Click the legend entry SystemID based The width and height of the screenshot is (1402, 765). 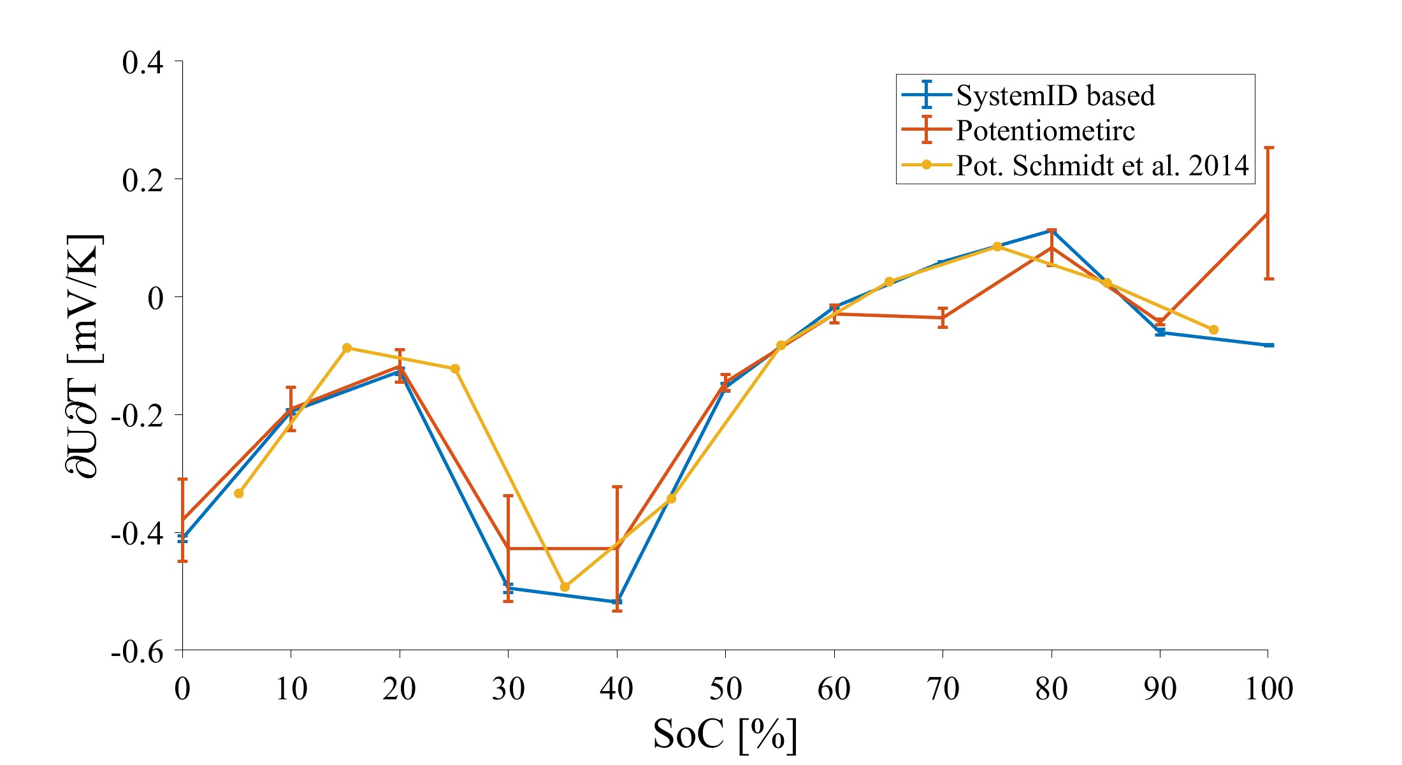pyautogui.click(x=1055, y=96)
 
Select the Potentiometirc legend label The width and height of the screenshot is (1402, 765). pyautogui.click(x=1045, y=131)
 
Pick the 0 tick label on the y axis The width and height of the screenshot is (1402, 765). pyautogui.click(x=155, y=298)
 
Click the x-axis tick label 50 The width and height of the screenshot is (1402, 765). pyautogui.click(x=725, y=689)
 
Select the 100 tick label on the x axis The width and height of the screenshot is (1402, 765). pyautogui.click(x=1268, y=689)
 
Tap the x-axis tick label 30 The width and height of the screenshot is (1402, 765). pyautogui.click(x=508, y=689)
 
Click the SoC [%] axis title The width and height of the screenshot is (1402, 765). pyautogui.click(x=725, y=734)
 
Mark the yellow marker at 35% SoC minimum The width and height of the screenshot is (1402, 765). pyautogui.click(x=564, y=586)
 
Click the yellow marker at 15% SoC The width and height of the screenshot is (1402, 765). pyautogui.click(x=347, y=348)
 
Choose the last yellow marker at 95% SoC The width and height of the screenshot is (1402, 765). pyautogui.click(x=1213, y=330)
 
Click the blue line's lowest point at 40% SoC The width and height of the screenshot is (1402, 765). pyautogui.click(x=617, y=602)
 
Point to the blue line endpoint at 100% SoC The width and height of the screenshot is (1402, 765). pyautogui.click(x=1268, y=345)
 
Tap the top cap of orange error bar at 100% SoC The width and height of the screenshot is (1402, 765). pyautogui.click(x=1268, y=148)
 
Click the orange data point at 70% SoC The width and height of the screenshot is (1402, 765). pyautogui.click(x=943, y=317)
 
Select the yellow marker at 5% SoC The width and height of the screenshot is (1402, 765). pyautogui.click(x=239, y=493)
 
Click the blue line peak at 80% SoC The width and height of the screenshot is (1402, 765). pyautogui.click(x=1051, y=230)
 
